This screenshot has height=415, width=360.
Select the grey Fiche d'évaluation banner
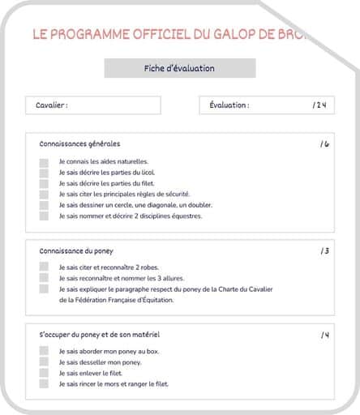tap(179, 69)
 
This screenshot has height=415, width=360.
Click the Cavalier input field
tap(93, 105)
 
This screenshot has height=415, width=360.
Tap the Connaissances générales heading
tap(79, 143)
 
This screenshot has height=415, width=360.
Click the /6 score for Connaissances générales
tap(324, 143)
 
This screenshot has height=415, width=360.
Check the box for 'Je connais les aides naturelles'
tap(44, 162)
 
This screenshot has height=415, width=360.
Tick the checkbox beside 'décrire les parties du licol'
tap(44, 173)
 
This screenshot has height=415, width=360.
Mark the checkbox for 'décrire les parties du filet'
tap(44, 184)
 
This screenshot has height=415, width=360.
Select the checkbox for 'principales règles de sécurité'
tap(44, 195)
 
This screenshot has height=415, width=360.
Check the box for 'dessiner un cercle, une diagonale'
tap(44, 206)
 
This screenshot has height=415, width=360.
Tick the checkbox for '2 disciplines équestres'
tap(44, 216)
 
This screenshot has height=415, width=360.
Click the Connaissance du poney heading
tap(76, 250)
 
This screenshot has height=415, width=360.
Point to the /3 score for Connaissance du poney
tap(324, 250)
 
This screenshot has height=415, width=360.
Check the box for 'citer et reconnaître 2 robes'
tap(44, 267)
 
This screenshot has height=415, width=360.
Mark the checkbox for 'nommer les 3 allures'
tap(44, 278)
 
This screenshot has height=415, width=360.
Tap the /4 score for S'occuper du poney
tap(324, 335)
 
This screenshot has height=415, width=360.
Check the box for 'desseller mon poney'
tap(44, 362)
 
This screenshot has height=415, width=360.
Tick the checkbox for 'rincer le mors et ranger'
tap(44, 384)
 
